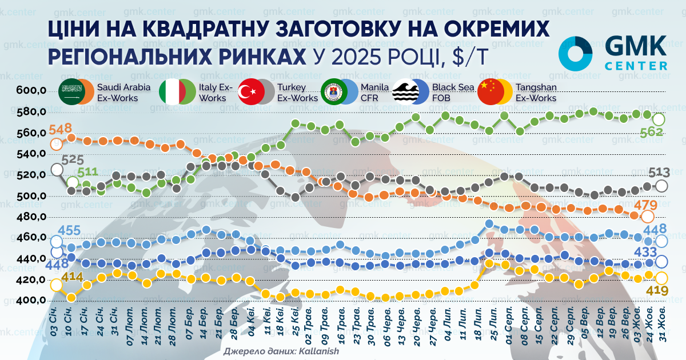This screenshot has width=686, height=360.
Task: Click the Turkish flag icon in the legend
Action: pos(251,91)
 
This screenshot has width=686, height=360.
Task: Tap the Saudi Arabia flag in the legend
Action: pos(72,91)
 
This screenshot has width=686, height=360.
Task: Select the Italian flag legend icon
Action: pos(173,91)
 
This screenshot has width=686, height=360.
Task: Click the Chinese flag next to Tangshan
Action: pos(491,91)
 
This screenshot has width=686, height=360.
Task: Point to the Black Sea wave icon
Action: pos(406,91)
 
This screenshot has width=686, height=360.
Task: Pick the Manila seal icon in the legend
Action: pos(334,91)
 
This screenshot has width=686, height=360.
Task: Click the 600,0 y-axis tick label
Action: pos(31,90)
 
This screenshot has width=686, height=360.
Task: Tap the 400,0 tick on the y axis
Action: pos(31,301)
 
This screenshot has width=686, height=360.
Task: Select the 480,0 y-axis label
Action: pos(31,217)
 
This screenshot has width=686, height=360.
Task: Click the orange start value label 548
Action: pos(61,129)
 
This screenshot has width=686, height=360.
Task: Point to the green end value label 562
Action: pos(652,131)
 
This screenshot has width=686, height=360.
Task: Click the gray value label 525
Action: pos(73,160)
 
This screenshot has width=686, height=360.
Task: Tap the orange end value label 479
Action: pos(645,205)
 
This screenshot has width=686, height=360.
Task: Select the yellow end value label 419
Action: pos(657,290)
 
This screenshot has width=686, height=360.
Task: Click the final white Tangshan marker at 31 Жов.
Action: pos(661,279)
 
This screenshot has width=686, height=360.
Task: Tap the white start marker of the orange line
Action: pos(57,144)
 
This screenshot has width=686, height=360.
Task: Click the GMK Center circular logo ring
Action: pos(575,54)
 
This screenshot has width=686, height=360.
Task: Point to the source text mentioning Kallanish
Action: pos(281,351)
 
